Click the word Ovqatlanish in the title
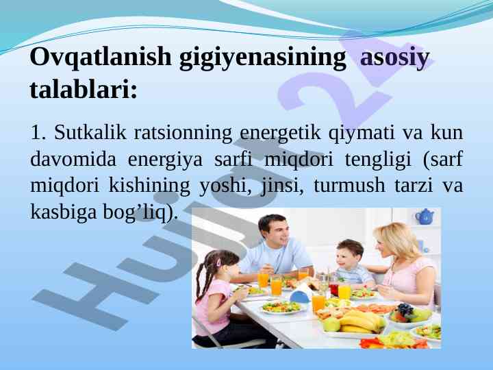[x=100, y=57]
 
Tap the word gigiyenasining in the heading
[x=262, y=58]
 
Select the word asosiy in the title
[x=394, y=58]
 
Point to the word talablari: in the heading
[x=84, y=88]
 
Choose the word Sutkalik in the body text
[x=90, y=132]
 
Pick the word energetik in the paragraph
[x=280, y=134]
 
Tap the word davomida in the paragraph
[x=73, y=159]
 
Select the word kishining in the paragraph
[x=149, y=186]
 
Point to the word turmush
[x=349, y=185]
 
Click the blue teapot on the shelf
[x=425, y=217]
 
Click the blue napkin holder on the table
[x=300, y=297]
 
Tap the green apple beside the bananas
[x=331, y=323]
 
